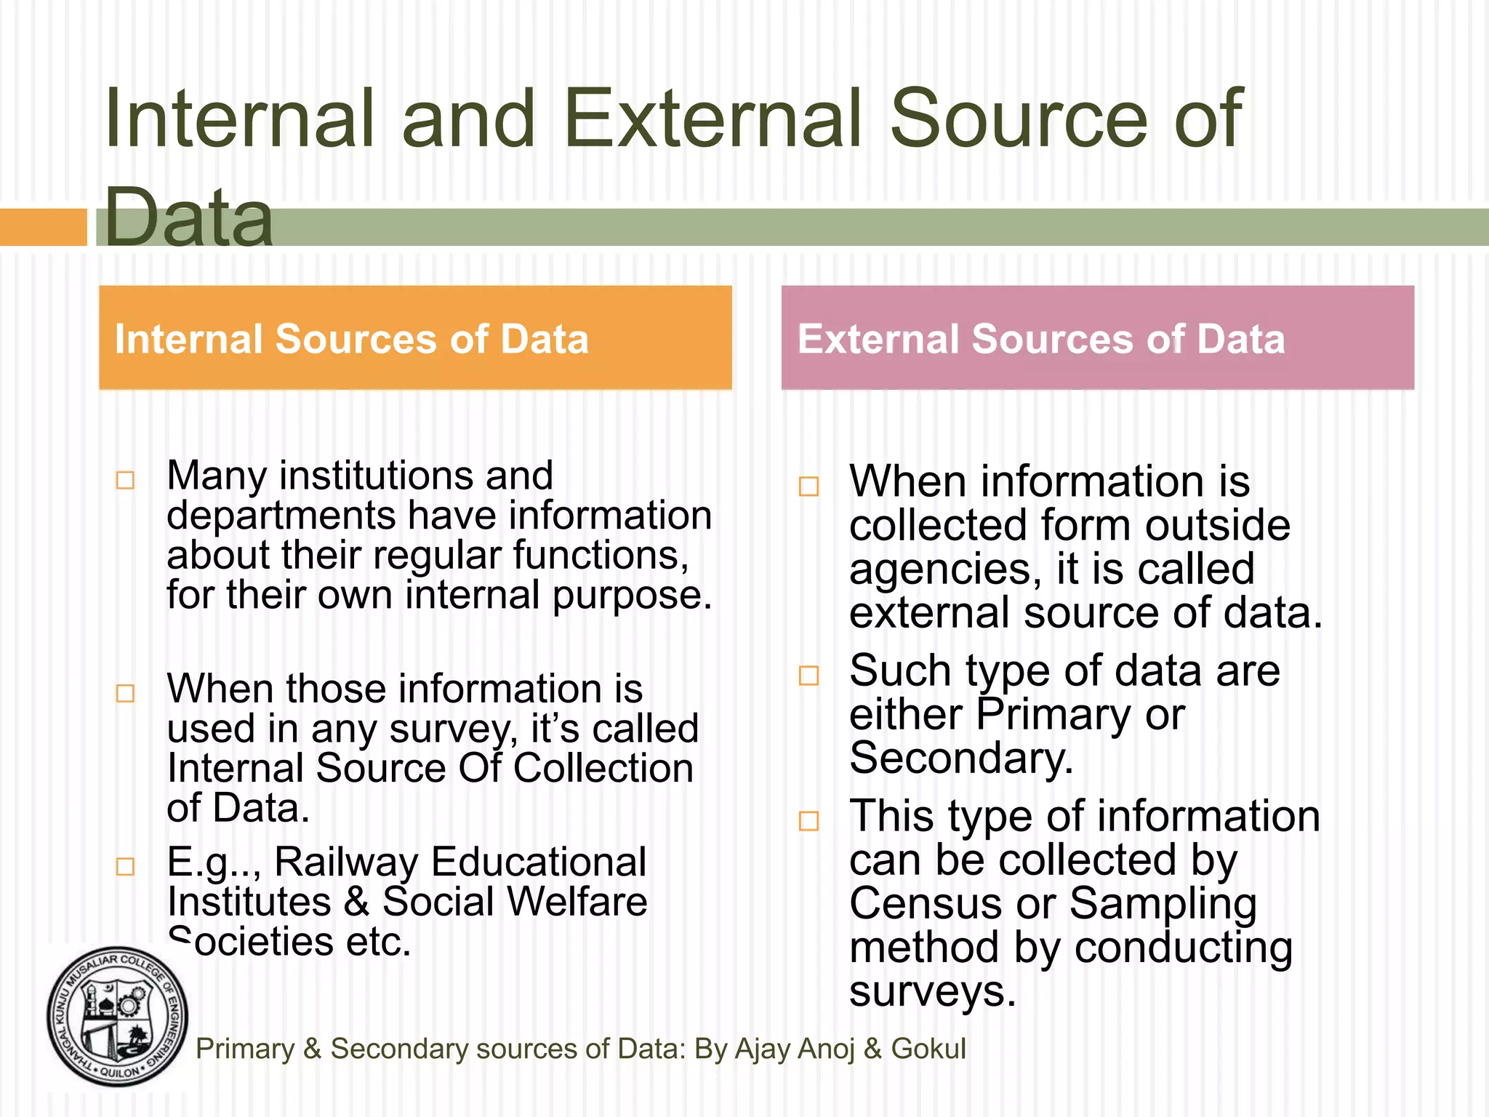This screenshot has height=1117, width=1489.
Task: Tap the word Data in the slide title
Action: click(188, 217)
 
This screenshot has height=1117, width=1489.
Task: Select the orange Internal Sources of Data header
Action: click(415, 338)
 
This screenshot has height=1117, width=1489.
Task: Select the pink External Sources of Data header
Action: click(1097, 338)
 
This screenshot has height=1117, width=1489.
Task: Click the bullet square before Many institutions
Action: click(126, 481)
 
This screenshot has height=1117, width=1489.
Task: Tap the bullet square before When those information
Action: click(126, 693)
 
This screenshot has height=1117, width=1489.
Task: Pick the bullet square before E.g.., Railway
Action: click(126, 866)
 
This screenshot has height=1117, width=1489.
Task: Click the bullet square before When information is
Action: click(809, 486)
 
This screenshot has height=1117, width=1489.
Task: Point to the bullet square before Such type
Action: click(809, 676)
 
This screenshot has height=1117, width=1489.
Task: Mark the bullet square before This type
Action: click(809, 821)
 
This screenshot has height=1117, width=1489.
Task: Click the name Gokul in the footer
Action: click(928, 1049)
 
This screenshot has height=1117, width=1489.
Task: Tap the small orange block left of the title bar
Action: click(43, 227)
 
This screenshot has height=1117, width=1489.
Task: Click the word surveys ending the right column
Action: click(931, 992)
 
